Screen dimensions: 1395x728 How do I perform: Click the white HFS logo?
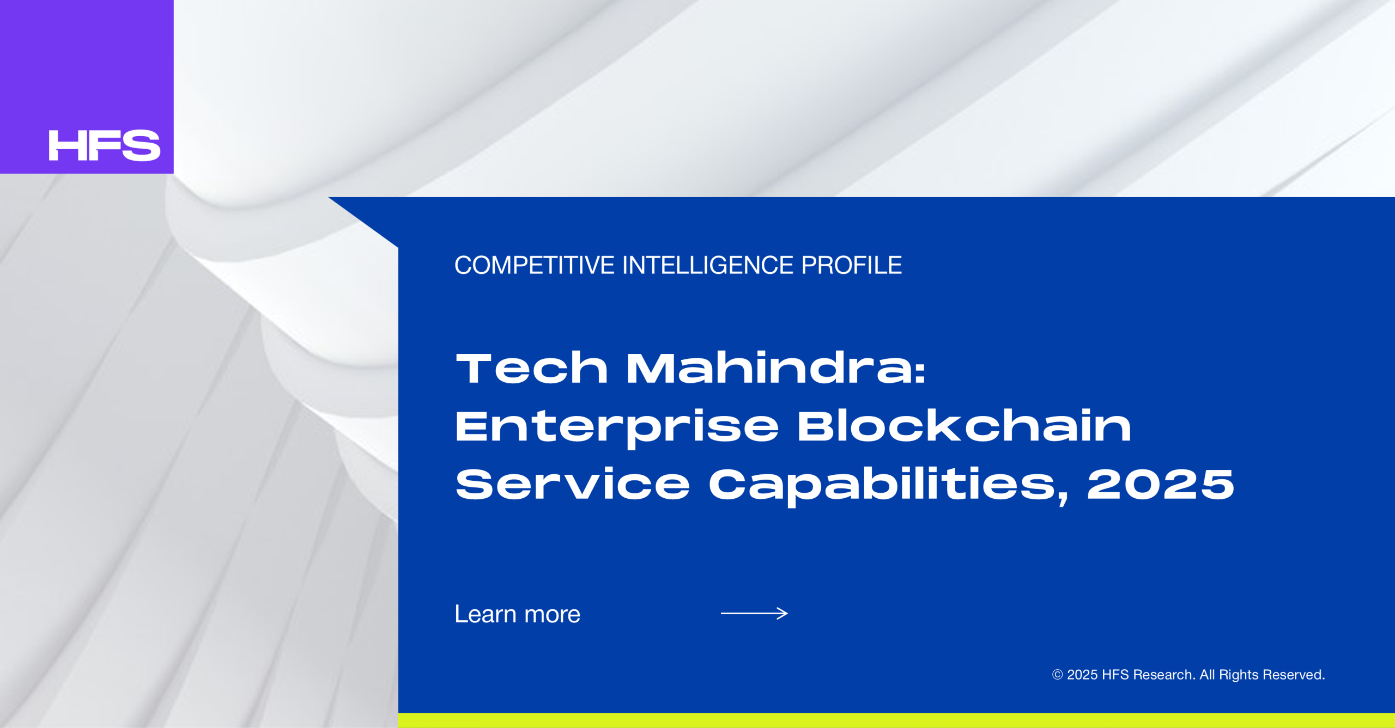[105, 145]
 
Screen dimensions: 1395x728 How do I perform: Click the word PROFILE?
[852, 266]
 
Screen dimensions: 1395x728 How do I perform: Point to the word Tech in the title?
[532, 368]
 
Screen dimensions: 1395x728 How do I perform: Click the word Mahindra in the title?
[769, 368]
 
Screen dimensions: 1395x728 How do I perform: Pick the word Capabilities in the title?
[882, 486]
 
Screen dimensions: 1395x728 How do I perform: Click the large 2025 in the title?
[1161, 484]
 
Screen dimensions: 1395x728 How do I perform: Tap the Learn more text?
[518, 614]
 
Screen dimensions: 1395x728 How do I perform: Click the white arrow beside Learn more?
[754, 614]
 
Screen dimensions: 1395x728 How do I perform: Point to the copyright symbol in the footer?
[1057, 675]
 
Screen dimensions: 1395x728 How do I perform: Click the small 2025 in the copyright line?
[1082, 675]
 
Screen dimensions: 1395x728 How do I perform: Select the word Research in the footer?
[1164, 675]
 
